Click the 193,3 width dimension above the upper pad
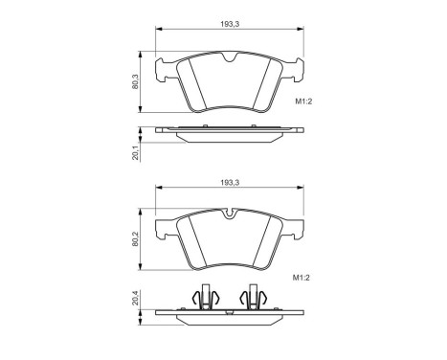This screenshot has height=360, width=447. click(231, 23)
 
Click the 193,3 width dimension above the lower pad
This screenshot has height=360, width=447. click(231, 181)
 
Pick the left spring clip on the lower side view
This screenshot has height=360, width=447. click(202, 301)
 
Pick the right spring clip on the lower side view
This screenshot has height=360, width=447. click(256, 301)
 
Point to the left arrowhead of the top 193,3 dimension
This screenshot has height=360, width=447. click(159, 30)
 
